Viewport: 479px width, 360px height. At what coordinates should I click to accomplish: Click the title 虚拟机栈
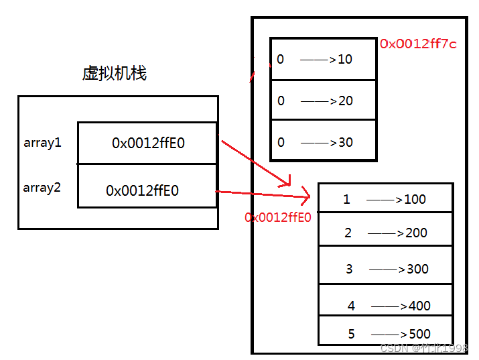tap(114, 73)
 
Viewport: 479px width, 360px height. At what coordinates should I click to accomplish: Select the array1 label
tap(42, 143)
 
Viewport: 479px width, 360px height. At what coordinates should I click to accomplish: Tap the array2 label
tap(42, 188)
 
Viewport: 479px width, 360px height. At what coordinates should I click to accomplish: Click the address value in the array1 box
tap(148, 143)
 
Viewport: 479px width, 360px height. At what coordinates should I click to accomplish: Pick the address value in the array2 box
tap(142, 190)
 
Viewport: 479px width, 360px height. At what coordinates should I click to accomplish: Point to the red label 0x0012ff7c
tap(419, 44)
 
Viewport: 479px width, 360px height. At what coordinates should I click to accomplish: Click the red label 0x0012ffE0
tap(278, 217)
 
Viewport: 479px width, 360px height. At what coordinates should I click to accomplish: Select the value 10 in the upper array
tap(345, 59)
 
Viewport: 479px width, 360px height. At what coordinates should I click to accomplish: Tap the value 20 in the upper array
tap(346, 101)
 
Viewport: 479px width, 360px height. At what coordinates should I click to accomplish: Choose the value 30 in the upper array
tap(346, 142)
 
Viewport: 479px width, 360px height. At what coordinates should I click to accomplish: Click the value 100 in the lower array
tap(415, 199)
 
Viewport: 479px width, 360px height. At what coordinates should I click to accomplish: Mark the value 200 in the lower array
tap(416, 233)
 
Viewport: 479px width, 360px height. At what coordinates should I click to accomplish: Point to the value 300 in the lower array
tap(418, 269)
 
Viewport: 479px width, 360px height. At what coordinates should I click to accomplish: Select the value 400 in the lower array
tap(419, 306)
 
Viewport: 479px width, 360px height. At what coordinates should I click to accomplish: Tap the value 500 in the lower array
tap(419, 334)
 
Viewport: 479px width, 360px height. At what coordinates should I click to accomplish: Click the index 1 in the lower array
tap(346, 199)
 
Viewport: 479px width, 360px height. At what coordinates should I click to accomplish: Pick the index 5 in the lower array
tap(352, 334)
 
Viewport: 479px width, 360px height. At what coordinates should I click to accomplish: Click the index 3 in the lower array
tap(349, 269)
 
